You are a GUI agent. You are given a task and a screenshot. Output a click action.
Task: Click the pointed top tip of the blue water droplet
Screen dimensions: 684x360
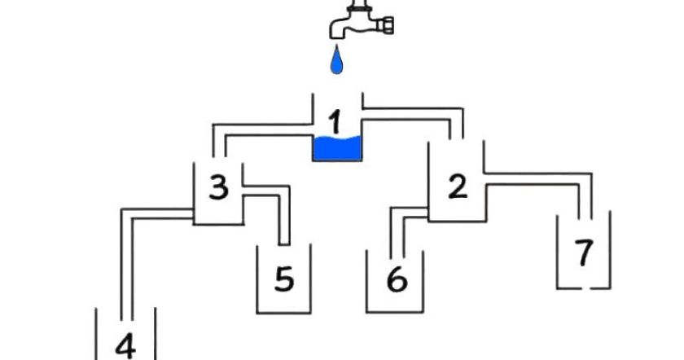coord(335,45)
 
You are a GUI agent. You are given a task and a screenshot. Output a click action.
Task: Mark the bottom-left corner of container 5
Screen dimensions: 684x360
coord(257,313)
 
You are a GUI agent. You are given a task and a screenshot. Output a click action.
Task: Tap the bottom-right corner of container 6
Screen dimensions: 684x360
coord(423,312)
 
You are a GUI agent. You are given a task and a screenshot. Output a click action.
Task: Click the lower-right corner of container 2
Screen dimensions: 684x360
coord(486,222)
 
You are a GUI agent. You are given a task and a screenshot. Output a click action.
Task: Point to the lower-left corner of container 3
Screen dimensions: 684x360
coord(194,224)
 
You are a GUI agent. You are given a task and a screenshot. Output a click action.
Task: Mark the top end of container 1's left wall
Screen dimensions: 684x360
coord(313,94)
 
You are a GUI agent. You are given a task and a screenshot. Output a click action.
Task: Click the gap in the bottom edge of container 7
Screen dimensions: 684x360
coord(586,288)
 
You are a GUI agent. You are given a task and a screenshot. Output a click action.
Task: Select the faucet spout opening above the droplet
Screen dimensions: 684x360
coord(335,36)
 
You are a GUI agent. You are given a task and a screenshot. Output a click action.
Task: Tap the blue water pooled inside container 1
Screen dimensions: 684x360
coord(337,148)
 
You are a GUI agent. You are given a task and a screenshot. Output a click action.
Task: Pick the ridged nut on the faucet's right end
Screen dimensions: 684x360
coord(387,25)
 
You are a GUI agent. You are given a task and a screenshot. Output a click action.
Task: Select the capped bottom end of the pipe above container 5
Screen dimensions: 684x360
coord(284,244)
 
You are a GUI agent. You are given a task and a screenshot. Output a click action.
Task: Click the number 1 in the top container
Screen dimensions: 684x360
coord(335,121)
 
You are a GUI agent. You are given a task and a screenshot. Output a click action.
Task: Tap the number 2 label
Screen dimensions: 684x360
coord(458,186)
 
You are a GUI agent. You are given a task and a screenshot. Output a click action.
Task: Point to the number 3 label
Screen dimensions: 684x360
coord(218,187)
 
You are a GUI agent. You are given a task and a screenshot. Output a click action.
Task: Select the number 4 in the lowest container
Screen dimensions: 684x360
coord(125,347)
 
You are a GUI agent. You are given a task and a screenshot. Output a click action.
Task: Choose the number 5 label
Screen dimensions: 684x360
coord(284,279)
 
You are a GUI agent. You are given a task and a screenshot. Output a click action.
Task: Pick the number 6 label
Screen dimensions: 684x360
coord(397,279)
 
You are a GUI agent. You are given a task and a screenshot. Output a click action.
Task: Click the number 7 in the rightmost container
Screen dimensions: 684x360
coord(584,252)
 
